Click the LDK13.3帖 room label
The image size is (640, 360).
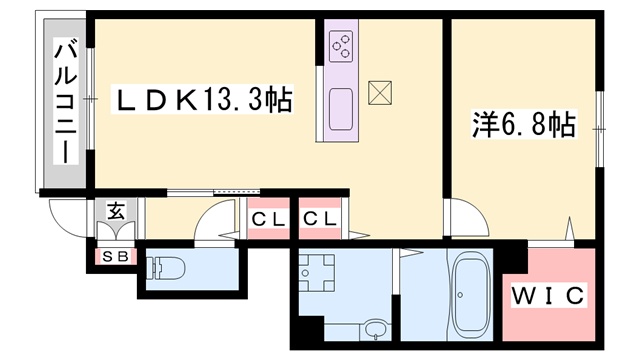[203, 99]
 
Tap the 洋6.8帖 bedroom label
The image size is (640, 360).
[523, 124]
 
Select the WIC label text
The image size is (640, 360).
[548, 296]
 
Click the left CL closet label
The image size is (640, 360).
[268, 220]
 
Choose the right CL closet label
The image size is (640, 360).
[320, 220]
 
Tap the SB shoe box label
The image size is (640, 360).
[116, 257]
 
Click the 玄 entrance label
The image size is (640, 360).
[116, 211]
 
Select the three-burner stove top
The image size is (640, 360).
[341, 47]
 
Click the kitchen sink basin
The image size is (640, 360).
[341, 109]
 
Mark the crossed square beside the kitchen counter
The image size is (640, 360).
[380, 93]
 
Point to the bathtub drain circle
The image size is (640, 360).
[460, 295]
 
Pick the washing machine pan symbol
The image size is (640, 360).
[317, 273]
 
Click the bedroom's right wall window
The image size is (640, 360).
[599, 129]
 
